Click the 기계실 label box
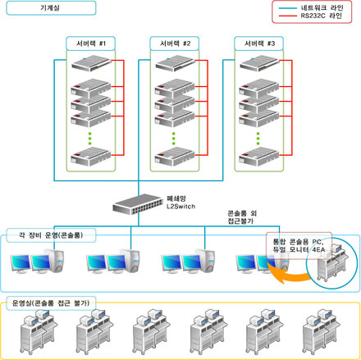51,8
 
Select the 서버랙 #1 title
91,43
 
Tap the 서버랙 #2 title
175,43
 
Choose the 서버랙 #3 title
259,43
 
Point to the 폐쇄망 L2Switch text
180,203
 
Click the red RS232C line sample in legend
287,16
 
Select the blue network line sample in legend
287,8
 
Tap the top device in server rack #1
91,63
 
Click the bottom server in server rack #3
259,157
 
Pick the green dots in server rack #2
174,139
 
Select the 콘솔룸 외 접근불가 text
242,217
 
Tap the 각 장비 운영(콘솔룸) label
51,235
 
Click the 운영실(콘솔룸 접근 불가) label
51,303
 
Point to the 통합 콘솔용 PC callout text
299,245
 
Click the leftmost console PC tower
54,261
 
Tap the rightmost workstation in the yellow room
322,331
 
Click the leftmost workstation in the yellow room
39,331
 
